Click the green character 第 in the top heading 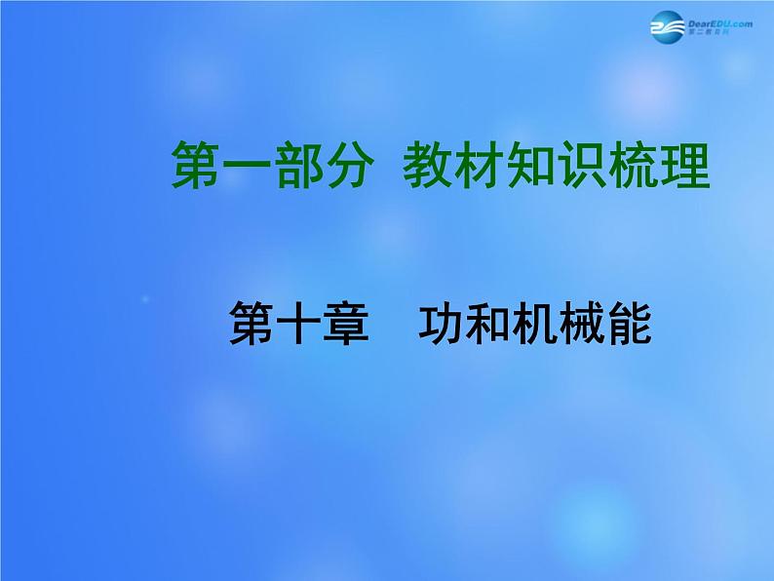tap(194, 165)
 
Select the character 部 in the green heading tap(293, 165)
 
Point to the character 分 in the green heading tap(344, 165)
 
